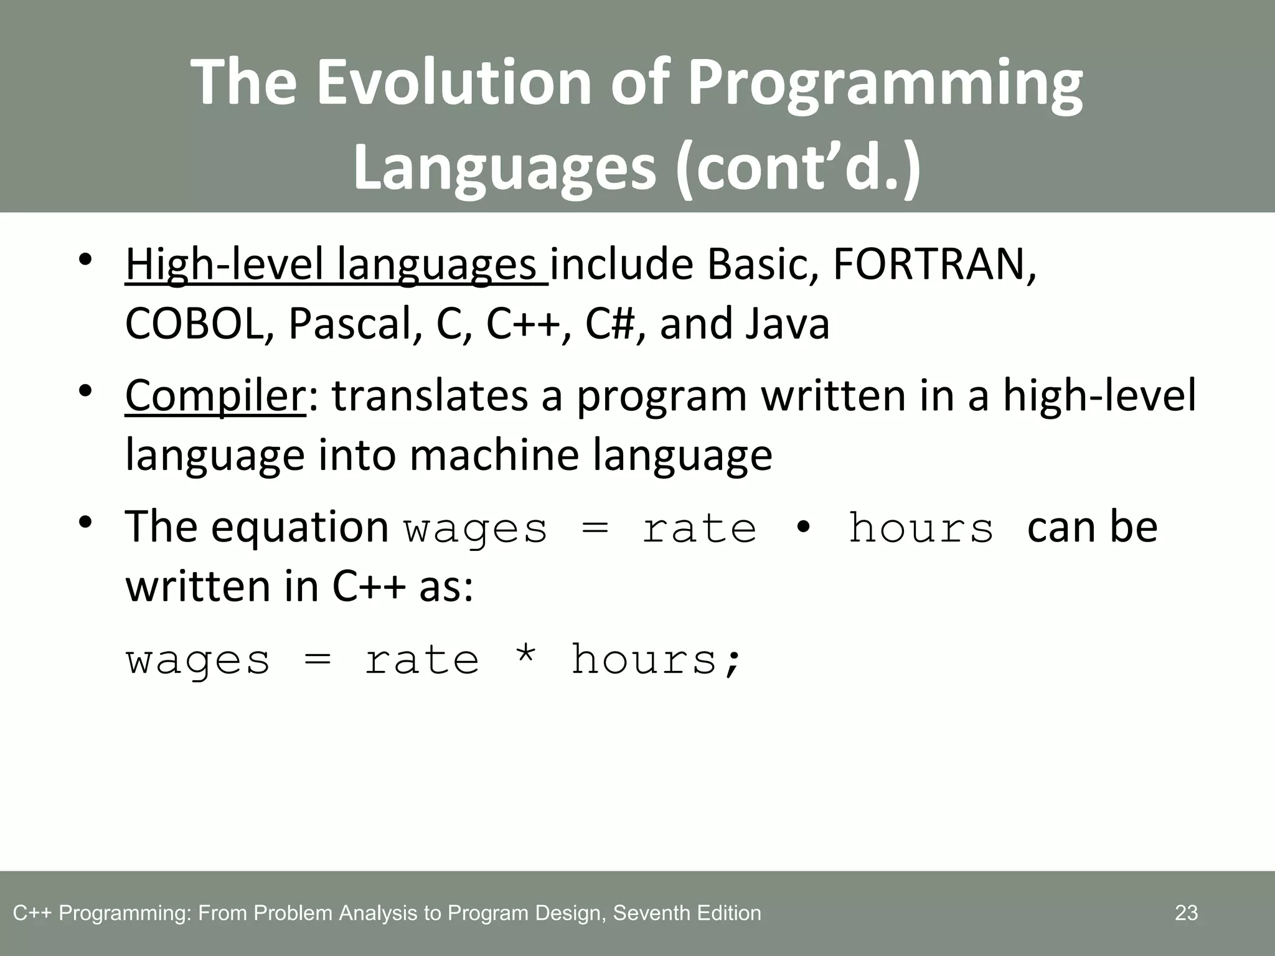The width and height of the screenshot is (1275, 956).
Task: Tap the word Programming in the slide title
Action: tap(884, 83)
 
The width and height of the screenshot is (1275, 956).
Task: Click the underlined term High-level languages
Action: tap(336, 265)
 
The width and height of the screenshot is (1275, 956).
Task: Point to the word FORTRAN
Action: tap(934, 265)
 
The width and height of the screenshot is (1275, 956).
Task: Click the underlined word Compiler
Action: tap(215, 396)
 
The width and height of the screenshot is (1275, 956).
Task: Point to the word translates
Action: tap(430, 396)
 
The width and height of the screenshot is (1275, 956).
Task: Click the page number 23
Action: tap(1186, 913)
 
